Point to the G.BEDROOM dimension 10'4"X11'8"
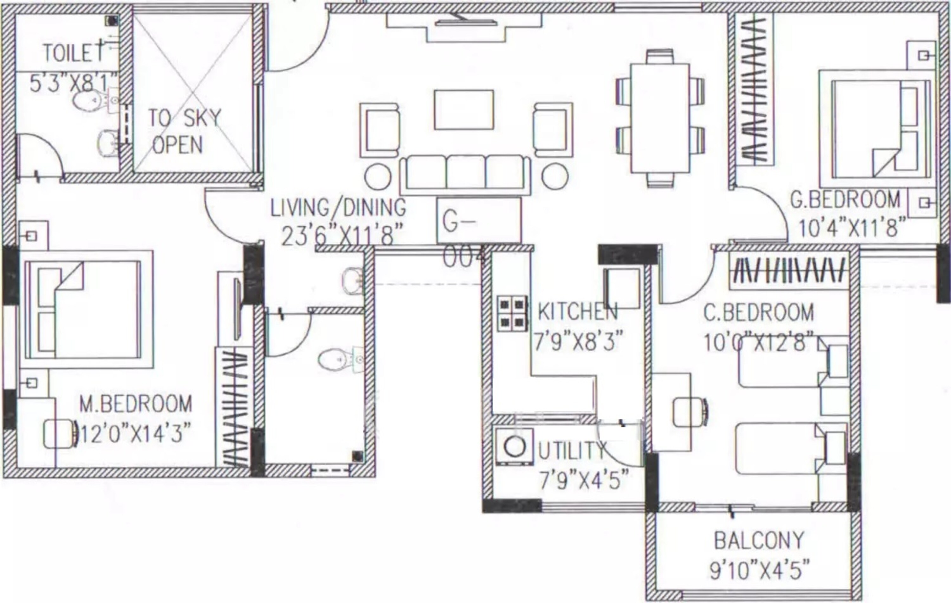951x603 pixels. click(852, 228)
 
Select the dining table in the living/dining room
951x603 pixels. click(660, 118)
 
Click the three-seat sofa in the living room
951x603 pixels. click(466, 175)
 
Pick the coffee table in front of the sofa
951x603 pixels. click(464, 110)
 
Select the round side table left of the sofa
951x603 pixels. click(378, 177)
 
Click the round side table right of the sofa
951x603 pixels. click(555, 176)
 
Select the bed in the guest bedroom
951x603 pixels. click(877, 129)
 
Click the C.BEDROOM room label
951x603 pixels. click(759, 313)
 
